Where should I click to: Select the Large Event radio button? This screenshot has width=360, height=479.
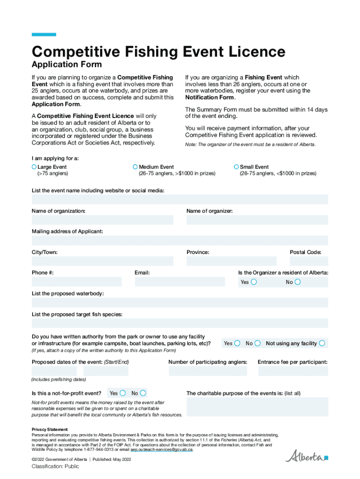coord(34,167)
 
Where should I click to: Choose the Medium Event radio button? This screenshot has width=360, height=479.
coord(135,167)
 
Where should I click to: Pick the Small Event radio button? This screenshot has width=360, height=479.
coord(237,167)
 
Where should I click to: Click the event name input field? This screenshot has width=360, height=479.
coord(180,200)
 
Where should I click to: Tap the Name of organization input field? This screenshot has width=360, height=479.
coord(102,220)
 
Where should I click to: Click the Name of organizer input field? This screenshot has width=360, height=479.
coord(257,220)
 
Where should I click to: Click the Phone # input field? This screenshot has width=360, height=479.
coord(77,282)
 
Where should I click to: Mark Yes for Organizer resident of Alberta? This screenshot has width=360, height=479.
coord(254,282)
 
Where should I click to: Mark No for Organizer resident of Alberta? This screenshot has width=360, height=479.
coord(298,282)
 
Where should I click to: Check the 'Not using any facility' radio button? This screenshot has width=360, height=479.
coord(322,343)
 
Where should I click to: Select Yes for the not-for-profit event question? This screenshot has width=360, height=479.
coord(122,393)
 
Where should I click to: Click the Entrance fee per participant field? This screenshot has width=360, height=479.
coord(293,371)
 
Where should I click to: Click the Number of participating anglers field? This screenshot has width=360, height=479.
coord(208,371)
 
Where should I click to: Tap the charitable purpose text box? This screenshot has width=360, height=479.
coord(257,406)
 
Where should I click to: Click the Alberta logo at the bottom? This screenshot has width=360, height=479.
coord(307,456)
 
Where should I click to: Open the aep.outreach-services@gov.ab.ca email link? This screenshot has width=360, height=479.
coord(161,450)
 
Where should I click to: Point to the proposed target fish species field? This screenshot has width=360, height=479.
coord(180,323)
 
